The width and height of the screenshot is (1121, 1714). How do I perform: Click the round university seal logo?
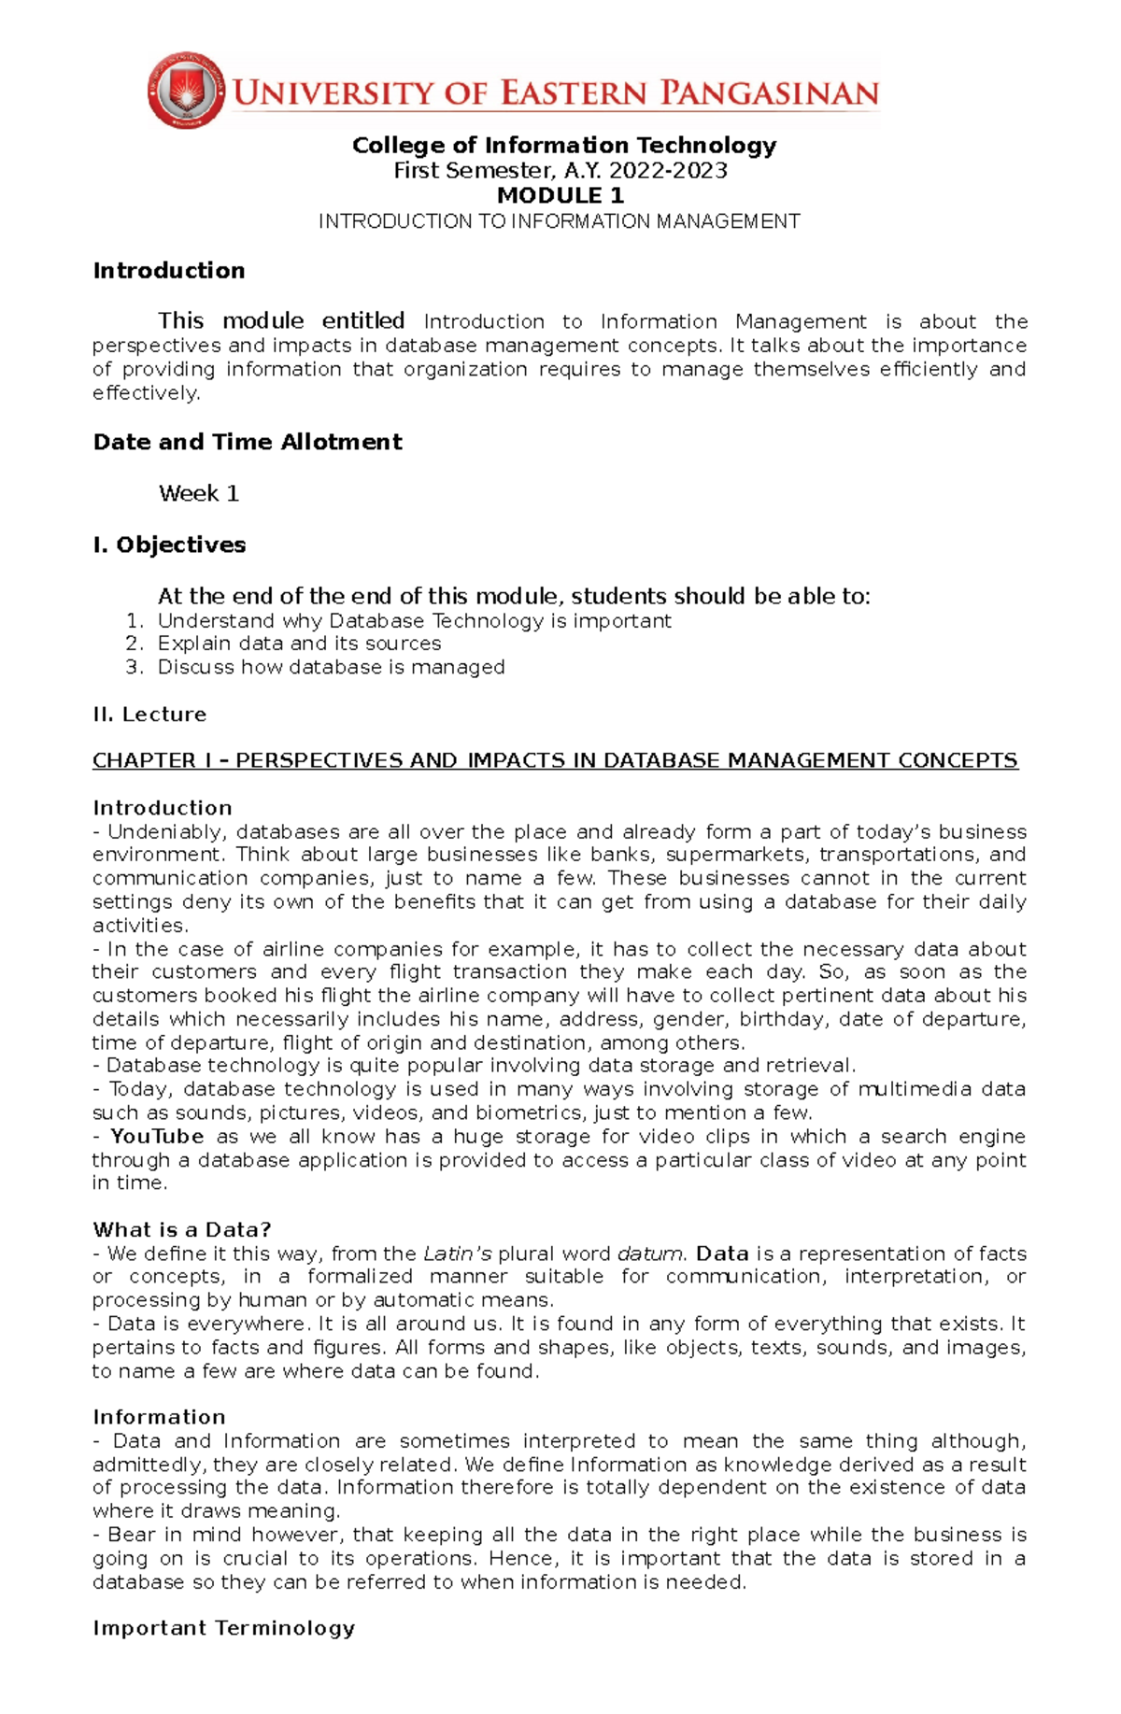[x=186, y=90]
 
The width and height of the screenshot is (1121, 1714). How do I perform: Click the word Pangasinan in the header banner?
[x=769, y=93]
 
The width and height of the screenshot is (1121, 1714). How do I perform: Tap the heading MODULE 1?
[x=560, y=195]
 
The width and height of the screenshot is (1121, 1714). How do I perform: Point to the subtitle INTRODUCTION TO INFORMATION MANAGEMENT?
[x=560, y=221]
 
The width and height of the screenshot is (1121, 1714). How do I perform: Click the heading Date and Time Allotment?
[x=248, y=442]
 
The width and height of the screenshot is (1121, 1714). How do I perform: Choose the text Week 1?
[x=199, y=493]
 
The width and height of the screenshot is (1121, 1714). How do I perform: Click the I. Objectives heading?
[x=169, y=545]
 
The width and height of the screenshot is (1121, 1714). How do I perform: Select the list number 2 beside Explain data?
[x=134, y=644]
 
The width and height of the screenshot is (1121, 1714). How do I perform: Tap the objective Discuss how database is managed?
[x=331, y=667]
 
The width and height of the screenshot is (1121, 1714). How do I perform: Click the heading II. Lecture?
[x=149, y=715]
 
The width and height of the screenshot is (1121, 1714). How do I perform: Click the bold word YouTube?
[x=157, y=1137]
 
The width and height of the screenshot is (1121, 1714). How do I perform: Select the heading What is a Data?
[x=182, y=1229]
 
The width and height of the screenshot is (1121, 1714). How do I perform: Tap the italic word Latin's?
[x=458, y=1254]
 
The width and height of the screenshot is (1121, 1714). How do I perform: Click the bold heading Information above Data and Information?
[x=159, y=1417]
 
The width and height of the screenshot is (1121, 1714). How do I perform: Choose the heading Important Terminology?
[x=224, y=1628]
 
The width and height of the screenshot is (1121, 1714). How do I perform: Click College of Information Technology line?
[x=564, y=145]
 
